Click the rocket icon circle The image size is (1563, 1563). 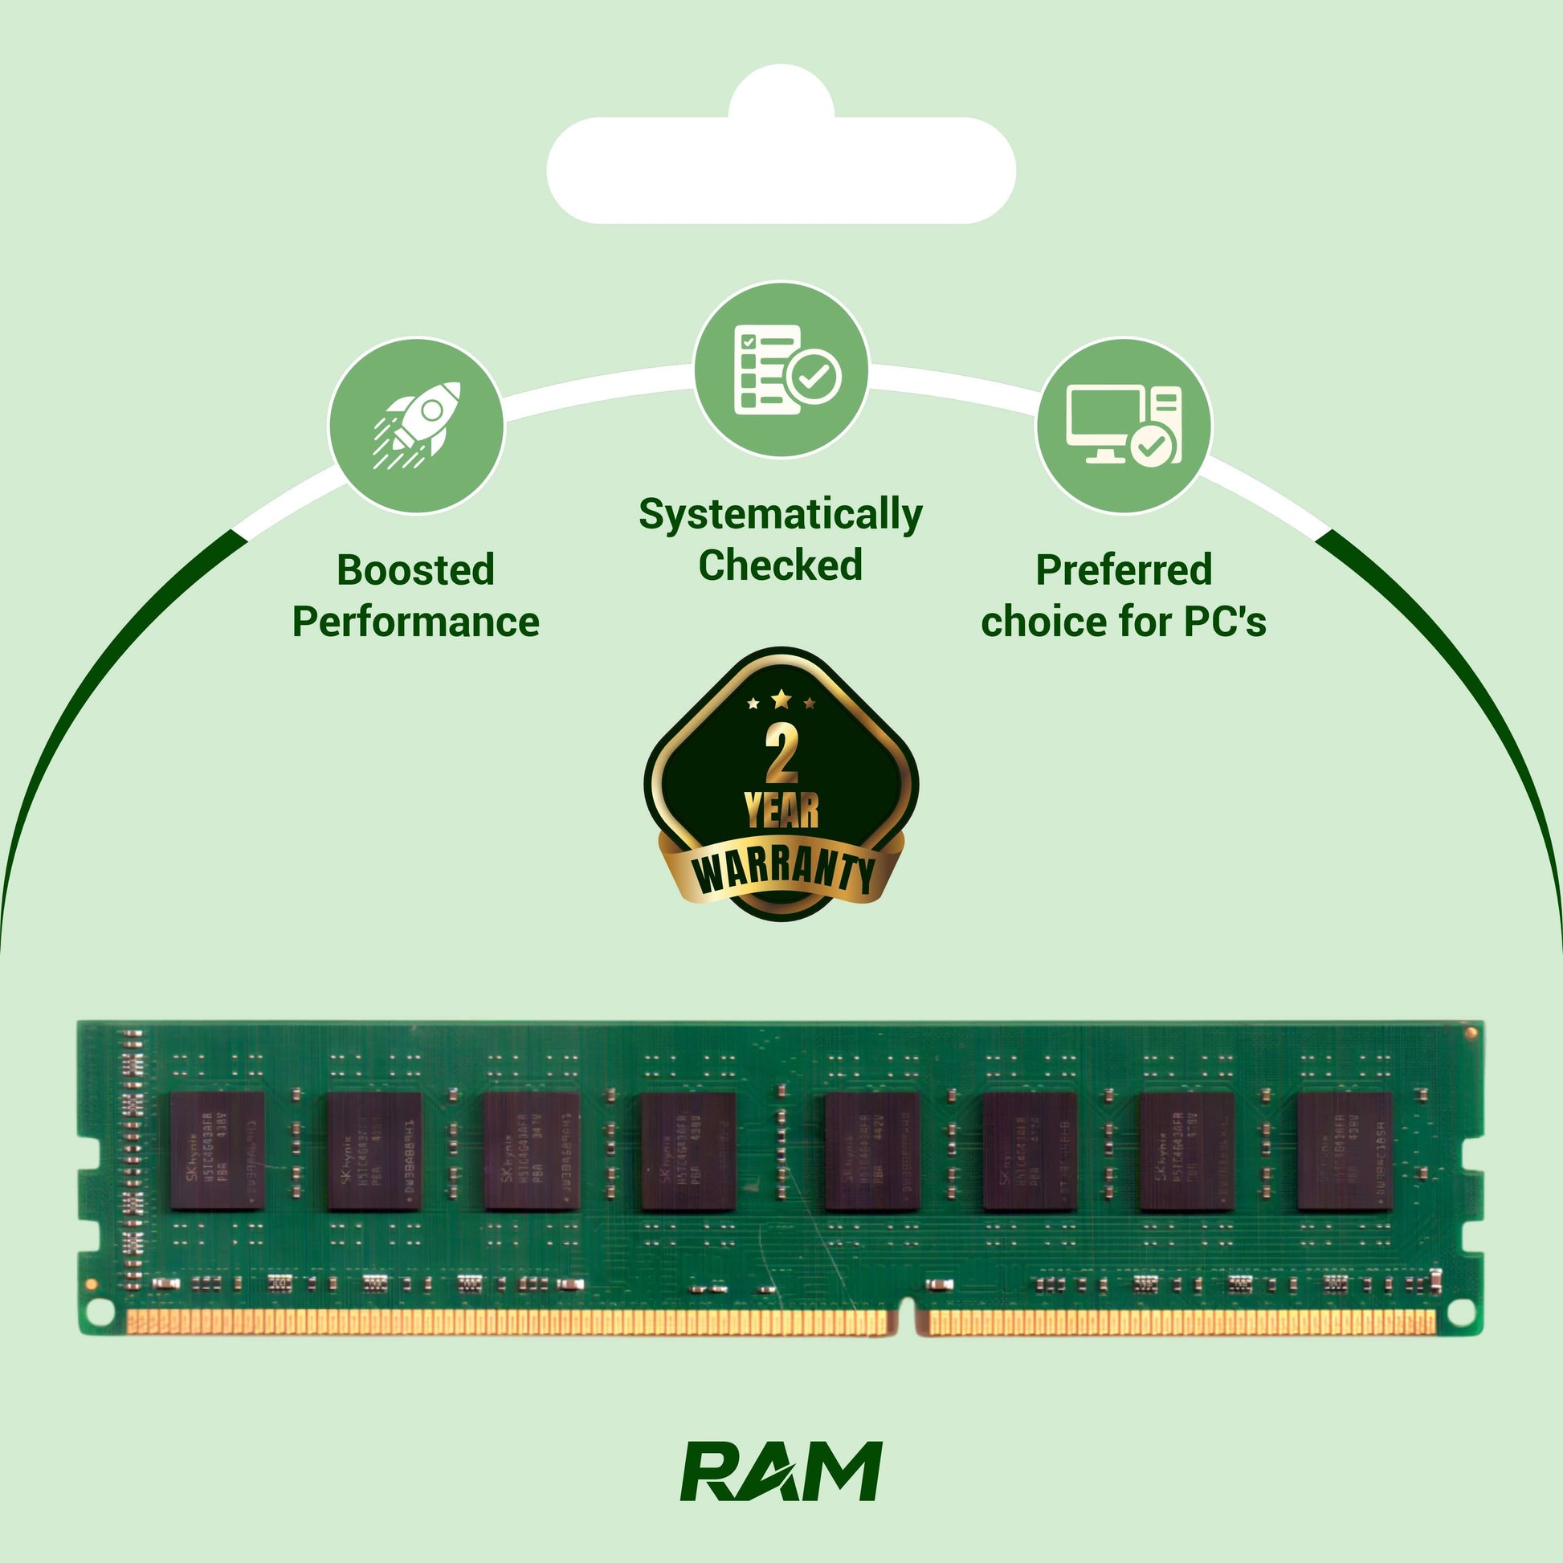click(416, 426)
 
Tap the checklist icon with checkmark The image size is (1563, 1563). click(781, 369)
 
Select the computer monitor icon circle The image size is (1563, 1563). click(1124, 426)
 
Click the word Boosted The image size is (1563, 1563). click(415, 570)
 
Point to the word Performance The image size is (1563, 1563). click(415, 622)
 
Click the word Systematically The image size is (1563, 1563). click(781, 515)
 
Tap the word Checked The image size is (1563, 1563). click(781, 565)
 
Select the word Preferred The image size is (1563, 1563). click(1124, 570)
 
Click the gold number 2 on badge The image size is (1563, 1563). click(781, 754)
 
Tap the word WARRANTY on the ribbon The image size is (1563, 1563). click(783, 873)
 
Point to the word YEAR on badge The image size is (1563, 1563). click(781, 810)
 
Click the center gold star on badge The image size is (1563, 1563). click(781, 698)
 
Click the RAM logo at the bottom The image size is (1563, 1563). click(781, 1470)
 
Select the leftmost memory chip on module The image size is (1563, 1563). click(217, 1150)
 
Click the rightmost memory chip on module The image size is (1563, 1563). click(1344, 1150)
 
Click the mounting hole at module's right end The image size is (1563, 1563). click(1460, 1312)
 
